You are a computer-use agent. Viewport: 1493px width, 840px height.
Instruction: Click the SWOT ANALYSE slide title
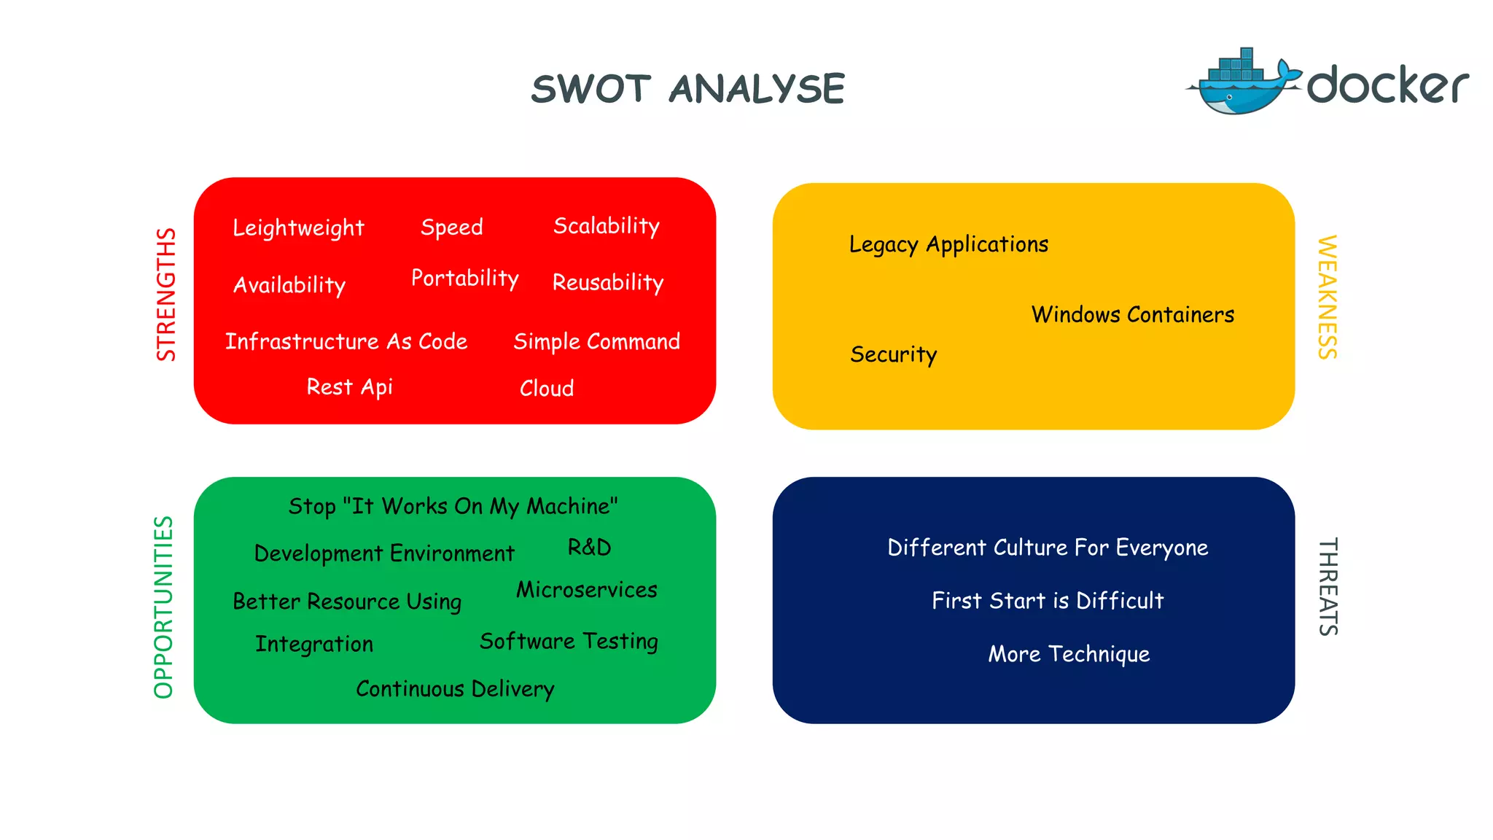coord(687,89)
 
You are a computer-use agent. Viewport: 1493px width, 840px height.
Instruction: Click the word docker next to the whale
coord(1387,85)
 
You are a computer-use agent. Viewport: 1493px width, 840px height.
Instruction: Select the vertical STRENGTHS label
coord(166,295)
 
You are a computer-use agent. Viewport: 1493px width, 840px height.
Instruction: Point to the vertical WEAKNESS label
coord(1328,297)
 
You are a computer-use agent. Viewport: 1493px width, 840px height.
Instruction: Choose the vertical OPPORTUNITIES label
coord(164,607)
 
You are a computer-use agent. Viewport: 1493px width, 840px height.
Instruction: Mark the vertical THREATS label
coord(1328,587)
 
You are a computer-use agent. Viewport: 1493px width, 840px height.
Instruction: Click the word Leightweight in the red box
coord(298,228)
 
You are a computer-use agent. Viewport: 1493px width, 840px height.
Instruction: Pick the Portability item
coord(464,278)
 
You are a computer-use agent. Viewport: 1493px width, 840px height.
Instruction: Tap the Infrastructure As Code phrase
coord(346,341)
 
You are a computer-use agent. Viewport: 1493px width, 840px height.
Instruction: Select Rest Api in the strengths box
coord(349,386)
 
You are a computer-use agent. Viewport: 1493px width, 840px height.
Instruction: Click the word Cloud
coord(547,388)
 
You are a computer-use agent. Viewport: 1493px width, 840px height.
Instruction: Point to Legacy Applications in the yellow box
coord(948,244)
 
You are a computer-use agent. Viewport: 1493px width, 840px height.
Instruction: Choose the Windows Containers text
coord(1132,314)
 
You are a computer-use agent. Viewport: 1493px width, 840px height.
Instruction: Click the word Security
coord(893,354)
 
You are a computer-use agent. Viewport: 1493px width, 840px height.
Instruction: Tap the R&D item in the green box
coord(589,547)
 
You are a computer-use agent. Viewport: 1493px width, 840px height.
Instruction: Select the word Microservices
coord(586,589)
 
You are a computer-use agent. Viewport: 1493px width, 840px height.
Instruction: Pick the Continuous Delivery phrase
coord(455,688)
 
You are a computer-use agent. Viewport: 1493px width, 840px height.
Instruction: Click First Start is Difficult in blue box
coord(1048,600)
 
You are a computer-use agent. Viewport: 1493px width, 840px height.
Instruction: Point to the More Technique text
coord(1069,653)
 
